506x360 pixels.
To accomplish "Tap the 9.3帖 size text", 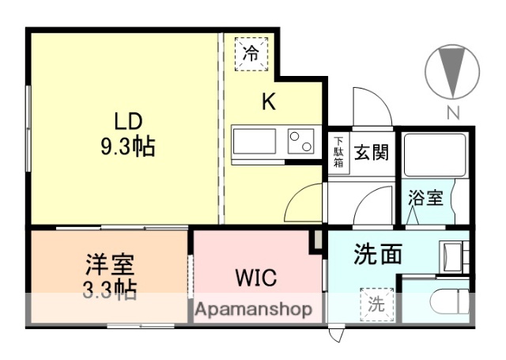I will coord(126,146).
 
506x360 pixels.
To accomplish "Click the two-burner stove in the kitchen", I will coord(300,143).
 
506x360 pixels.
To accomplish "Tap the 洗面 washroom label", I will coord(378,255).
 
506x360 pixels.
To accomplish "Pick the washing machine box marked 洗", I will coord(376,304).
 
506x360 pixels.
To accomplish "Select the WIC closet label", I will coord(254,279).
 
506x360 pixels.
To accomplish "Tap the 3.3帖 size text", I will coord(110,289).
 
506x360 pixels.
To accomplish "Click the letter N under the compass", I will coord(453,112).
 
